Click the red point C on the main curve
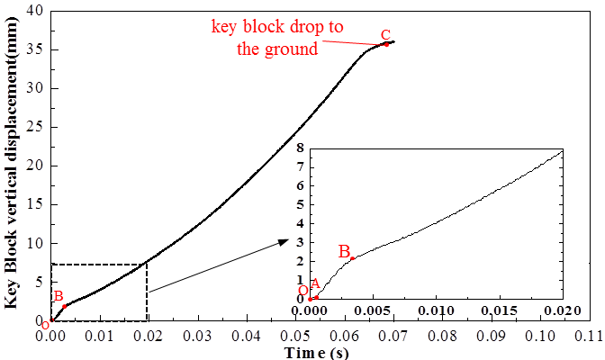pyautogui.click(x=386, y=44)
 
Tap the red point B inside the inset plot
pyautogui.click(x=353, y=258)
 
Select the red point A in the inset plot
pyautogui.click(x=316, y=296)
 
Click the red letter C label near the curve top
pyautogui.click(x=385, y=36)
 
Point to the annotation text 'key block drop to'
pyautogui.click(x=276, y=26)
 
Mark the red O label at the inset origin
pyautogui.click(x=303, y=290)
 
